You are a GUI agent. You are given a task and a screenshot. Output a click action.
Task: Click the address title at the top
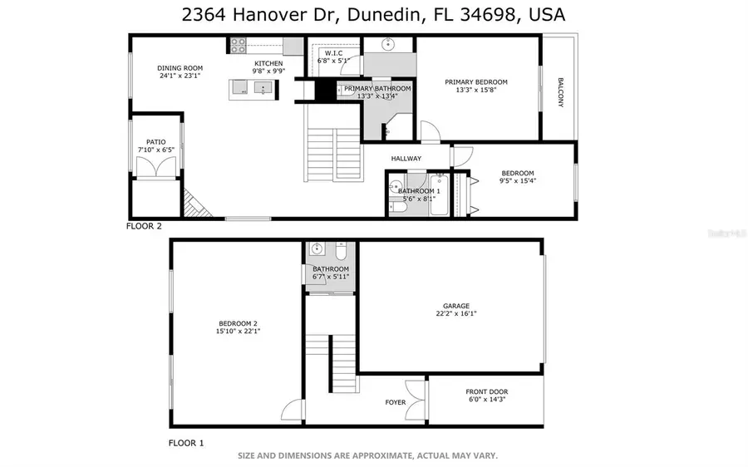[374, 15]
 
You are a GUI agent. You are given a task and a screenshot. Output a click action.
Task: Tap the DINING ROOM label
[180, 68]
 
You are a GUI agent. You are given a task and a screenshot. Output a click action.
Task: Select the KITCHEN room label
[268, 63]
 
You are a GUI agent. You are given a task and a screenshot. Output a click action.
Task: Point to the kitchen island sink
[263, 88]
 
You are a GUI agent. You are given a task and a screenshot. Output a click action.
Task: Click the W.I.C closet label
[334, 53]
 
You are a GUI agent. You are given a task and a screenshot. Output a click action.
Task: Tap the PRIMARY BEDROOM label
[475, 82]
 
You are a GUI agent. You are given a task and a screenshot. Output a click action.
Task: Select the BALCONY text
[560, 92]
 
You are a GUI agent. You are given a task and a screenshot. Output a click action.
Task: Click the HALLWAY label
[407, 159]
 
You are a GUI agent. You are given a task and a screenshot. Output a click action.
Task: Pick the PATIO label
[156, 142]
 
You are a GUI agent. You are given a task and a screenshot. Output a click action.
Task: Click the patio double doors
[156, 167]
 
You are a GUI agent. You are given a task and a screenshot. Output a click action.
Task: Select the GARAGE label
[455, 306]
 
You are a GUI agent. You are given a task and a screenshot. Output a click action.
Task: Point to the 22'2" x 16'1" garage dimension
[455, 314]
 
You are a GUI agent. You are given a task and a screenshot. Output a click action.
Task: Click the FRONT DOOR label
[487, 392]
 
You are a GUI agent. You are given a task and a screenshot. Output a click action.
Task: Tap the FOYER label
[396, 403]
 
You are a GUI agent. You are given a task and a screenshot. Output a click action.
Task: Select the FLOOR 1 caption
[186, 444]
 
